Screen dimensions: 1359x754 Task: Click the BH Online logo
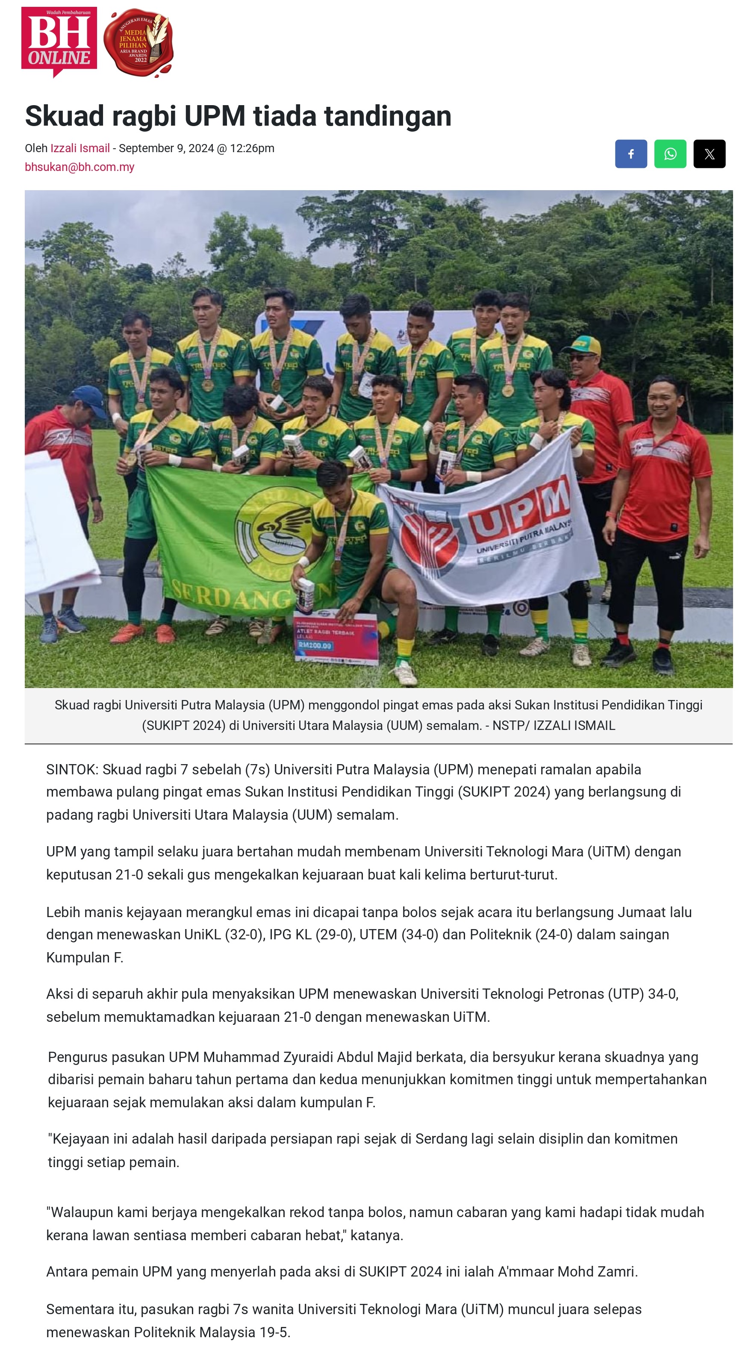coord(59,41)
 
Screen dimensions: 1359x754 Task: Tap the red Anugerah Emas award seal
coord(138,43)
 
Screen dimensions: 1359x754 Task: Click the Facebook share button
coord(630,153)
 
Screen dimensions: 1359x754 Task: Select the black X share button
coord(709,153)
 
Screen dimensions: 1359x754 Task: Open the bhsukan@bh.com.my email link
coord(79,167)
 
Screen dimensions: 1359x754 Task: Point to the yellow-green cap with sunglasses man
coord(582,346)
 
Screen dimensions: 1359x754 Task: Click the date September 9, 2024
coord(166,148)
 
